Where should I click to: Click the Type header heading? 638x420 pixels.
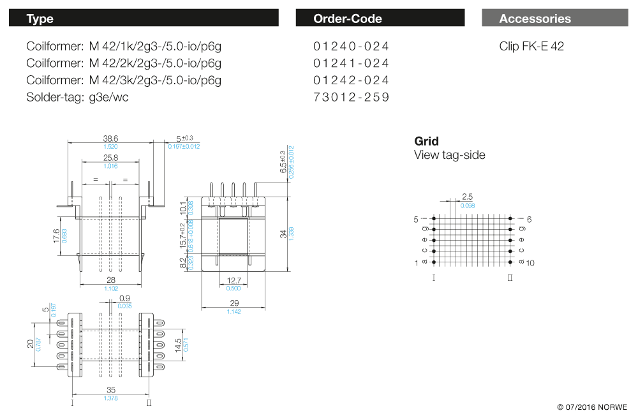[x=40, y=19]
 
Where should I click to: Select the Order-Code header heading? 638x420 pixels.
[x=348, y=19]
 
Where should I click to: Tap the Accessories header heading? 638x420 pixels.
[x=535, y=19]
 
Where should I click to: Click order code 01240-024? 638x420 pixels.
[x=351, y=47]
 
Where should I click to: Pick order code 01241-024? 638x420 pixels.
[x=351, y=63]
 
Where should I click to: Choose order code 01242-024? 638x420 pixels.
[x=351, y=80]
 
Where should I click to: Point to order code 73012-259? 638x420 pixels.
[x=351, y=97]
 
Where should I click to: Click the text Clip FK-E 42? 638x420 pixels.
[x=531, y=47]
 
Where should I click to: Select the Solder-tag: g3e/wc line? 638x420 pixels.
[x=77, y=97]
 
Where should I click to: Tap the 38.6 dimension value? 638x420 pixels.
[x=111, y=139]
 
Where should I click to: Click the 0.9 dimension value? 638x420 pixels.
[x=124, y=298]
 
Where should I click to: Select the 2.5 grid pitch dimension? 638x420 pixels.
[x=468, y=197]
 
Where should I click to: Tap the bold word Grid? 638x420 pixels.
[x=426, y=141]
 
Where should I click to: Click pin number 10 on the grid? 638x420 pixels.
[x=530, y=262]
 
